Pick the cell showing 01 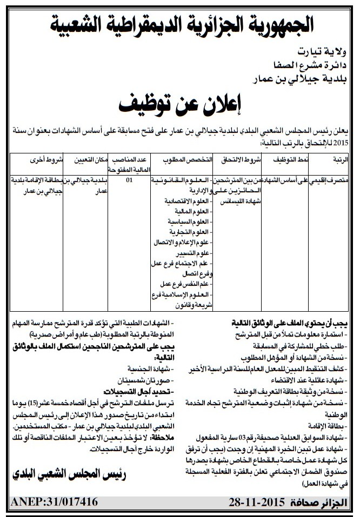(129, 181)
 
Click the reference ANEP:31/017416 (55, 501)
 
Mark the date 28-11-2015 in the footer (252, 501)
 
